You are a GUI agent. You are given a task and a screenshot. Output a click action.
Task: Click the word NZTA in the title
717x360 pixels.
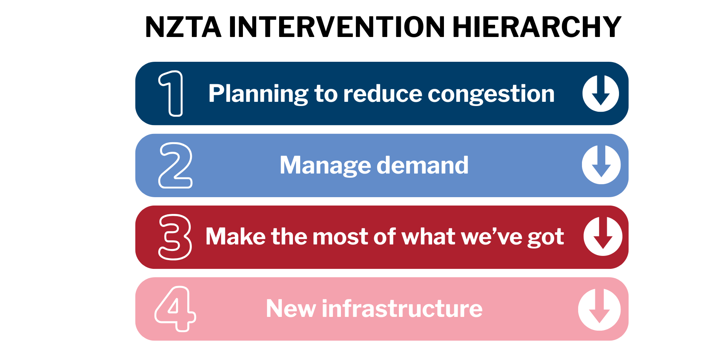(183, 27)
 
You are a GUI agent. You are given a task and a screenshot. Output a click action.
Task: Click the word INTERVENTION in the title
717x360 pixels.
(337, 27)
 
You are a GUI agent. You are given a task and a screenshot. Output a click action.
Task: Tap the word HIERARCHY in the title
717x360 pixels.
(537, 27)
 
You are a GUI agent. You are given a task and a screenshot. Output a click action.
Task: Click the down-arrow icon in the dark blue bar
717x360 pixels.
(601, 93)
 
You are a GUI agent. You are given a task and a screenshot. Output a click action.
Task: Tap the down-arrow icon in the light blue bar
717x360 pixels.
(601, 165)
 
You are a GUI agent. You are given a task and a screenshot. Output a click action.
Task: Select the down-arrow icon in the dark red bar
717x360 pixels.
(603, 236)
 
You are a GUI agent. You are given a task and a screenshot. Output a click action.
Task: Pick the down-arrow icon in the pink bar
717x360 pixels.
(599, 309)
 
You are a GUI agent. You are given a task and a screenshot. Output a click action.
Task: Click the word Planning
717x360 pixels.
(258, 94)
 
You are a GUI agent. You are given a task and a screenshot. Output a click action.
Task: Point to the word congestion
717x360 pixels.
(491, 95)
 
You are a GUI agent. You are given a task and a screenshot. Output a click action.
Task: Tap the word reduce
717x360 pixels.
(383, 94)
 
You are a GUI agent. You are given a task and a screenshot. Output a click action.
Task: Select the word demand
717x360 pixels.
(423, 165)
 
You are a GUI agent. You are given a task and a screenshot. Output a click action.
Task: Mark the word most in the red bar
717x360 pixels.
(341, 237)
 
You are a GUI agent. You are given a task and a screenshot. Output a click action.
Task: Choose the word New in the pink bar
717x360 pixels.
(291, 309)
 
